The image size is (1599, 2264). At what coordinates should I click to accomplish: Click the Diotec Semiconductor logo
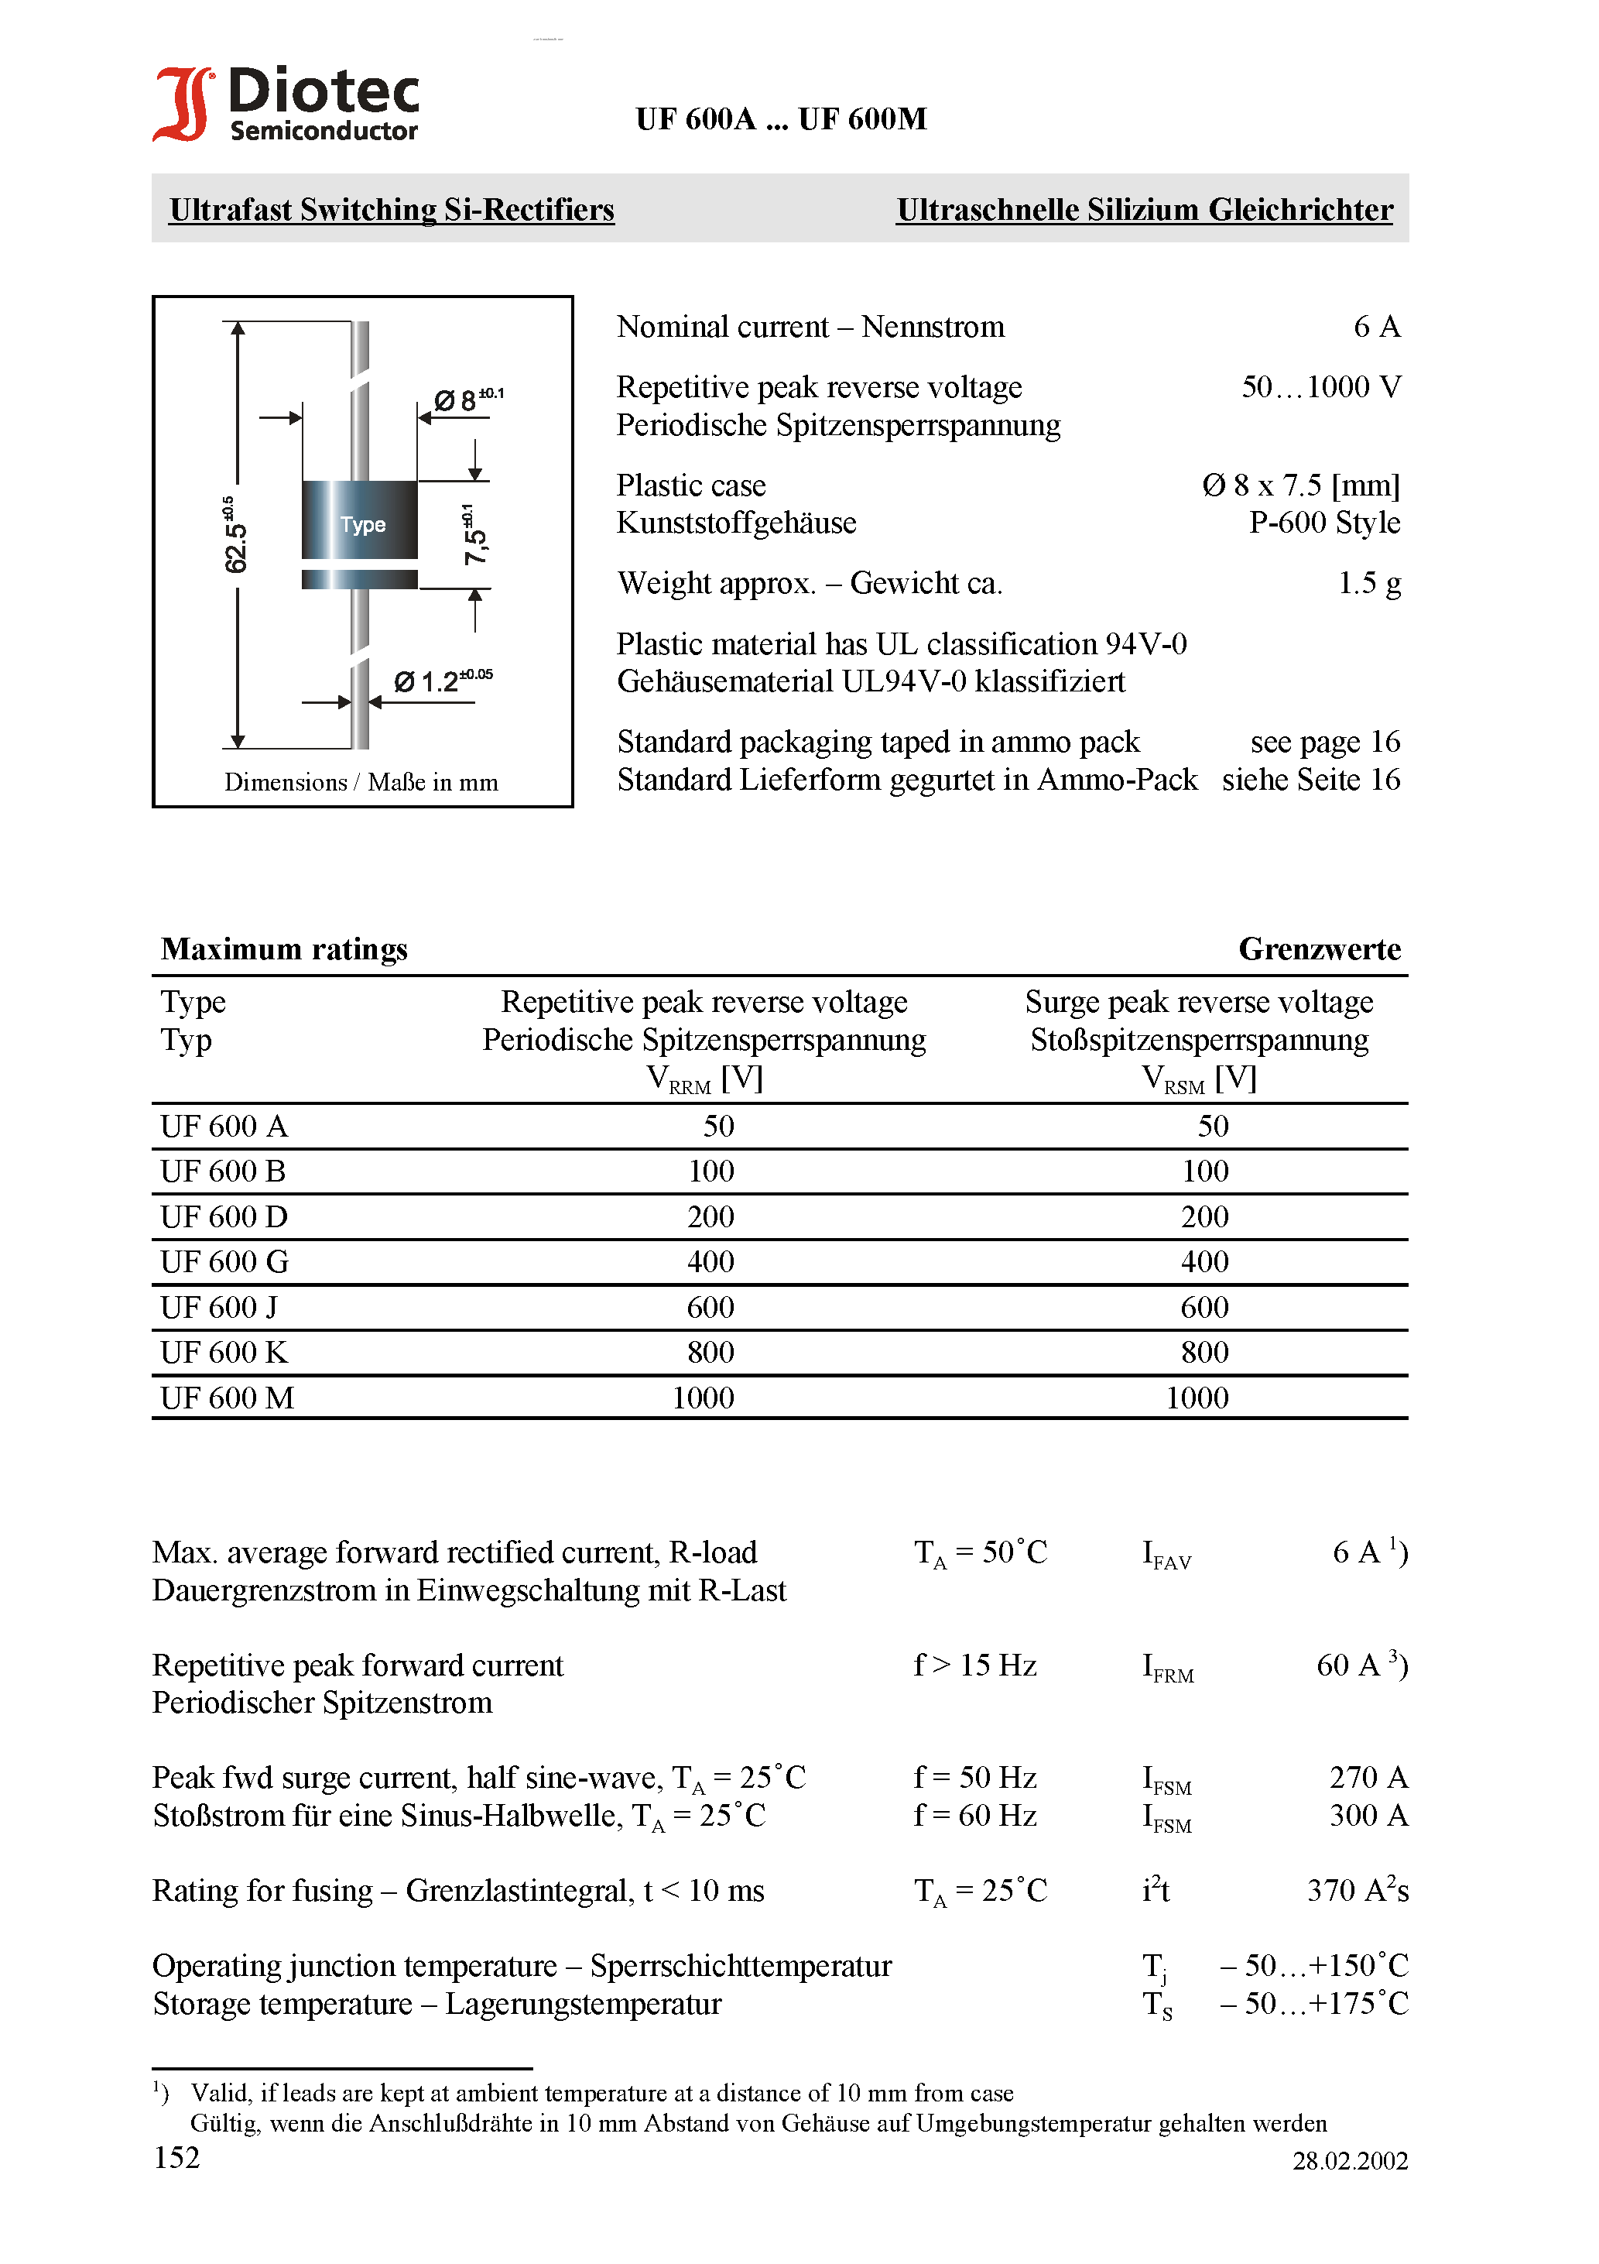[286, 104]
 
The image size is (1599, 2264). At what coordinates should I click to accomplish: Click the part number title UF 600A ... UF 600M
[781, 119]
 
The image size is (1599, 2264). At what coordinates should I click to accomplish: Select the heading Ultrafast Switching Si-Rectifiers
[392, 210]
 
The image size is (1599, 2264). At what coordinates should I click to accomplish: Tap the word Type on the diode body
[363, 525]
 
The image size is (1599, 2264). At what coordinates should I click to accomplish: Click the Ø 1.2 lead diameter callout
[443, 681]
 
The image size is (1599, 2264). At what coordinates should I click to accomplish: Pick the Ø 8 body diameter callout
[467, 400]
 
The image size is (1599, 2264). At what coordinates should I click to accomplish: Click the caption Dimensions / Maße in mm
[361, 782]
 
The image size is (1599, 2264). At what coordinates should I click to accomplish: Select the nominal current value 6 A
[1376, 327]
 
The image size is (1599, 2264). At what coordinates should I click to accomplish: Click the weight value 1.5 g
[1368, 583]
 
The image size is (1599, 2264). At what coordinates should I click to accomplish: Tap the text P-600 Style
[1324, 523]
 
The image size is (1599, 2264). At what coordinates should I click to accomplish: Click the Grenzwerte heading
[1319, 948]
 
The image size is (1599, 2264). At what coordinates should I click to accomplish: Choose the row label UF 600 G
[224, 1261]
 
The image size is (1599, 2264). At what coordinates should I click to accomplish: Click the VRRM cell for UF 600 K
[710, 1352]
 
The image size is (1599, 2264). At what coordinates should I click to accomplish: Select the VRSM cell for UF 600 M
[1197, 1398]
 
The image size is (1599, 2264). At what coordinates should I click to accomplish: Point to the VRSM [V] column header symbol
[1198, 1079]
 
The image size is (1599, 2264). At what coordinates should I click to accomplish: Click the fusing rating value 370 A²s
[1357, 1890]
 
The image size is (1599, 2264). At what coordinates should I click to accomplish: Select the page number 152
[177, 2157]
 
